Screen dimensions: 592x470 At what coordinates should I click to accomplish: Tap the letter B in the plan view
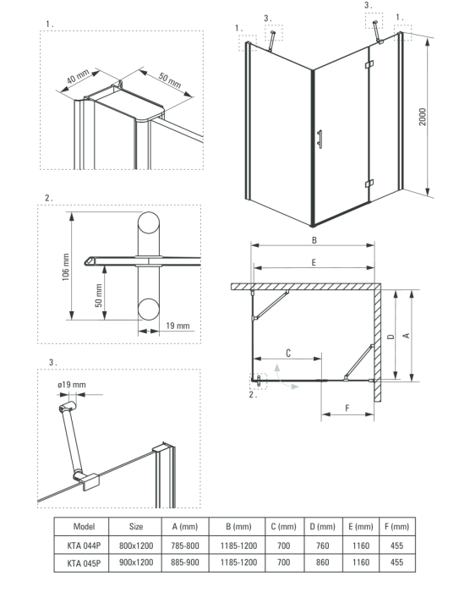(314, 239)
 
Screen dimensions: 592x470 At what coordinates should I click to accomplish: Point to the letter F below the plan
(347, 408)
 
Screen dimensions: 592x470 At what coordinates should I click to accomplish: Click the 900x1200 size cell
(136, 562)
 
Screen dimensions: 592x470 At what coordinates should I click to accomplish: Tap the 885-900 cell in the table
(185, 562)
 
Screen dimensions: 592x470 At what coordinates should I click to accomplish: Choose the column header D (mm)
(322, 526)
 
